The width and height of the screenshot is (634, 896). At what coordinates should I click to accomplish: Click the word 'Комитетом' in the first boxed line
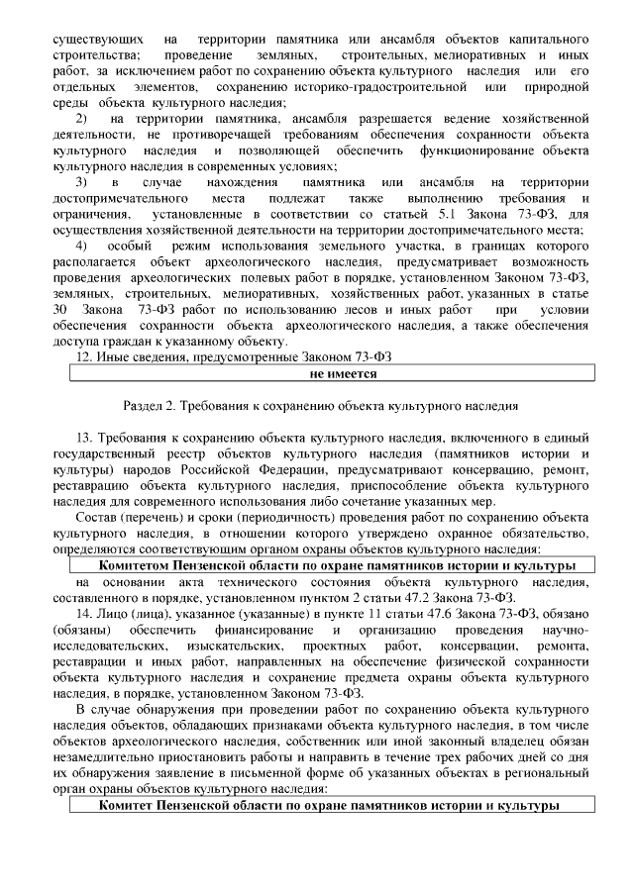(x=138, y=565)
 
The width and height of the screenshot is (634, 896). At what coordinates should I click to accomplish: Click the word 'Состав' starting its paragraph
(x=98, y=518)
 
